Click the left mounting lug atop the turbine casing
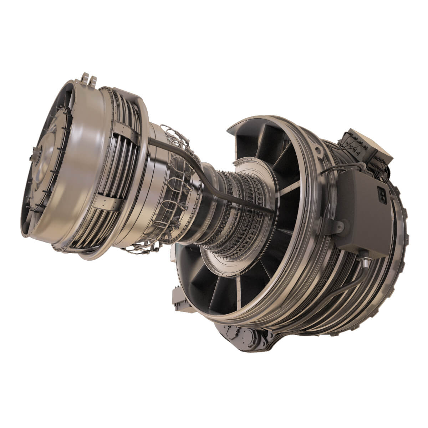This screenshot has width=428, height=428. [85, 77]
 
